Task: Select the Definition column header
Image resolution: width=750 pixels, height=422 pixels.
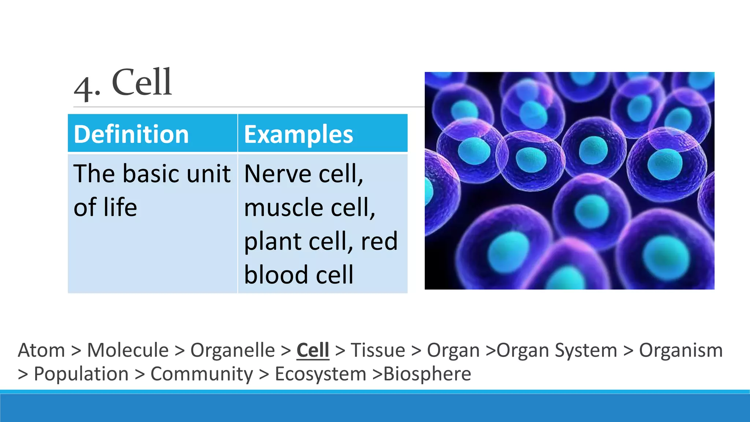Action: [x=131, y=134]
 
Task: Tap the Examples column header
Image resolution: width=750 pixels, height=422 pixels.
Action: [x=298, y=134]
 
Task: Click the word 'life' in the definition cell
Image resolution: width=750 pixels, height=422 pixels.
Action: [x=120, y=207]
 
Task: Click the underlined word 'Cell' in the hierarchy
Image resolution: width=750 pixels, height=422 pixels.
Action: [x=313, y=350]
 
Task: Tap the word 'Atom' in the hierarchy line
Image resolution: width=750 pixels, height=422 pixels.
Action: [x=41, y=350]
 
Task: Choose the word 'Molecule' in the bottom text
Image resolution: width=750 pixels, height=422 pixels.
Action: [x=128, y=350]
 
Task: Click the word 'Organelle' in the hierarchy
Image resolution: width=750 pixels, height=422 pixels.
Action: [x=233, y=350]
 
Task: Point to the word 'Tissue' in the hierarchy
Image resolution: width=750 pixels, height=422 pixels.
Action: [x=378, y=350]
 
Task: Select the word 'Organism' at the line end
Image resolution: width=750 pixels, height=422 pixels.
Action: [x=681, y=350]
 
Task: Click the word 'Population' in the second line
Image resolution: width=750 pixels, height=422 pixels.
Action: [x=81, y=374]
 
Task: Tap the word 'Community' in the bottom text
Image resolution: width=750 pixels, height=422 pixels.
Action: [x=202, y=374]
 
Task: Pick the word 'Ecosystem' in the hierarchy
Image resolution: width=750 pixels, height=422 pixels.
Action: [x=320, y=374]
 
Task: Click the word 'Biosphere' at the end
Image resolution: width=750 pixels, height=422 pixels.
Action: [x=427, y=374]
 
